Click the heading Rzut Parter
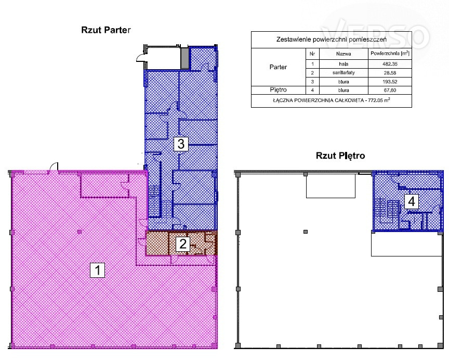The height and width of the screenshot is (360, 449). click(x=106, y=30)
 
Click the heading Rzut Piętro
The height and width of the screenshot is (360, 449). click(x=340, y=156)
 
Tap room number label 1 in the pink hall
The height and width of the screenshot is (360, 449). click(x=97, y=271)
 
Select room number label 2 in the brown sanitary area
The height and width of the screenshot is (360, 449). click(x=183, y=244)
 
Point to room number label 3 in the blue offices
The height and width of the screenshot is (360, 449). click(x=181, y=144)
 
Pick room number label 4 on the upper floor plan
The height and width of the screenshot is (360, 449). click(x=412, y=201)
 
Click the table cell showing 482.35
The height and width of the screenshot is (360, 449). click(x=390, y=64)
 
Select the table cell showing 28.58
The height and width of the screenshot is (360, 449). click(x=390, y=73)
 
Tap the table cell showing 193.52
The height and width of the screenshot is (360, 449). click(x=390, y=82)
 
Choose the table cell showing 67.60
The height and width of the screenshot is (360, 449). click(x=390, y=91)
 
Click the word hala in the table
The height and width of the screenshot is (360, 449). click(x=344, y=64)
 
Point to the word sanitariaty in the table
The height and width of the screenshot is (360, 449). click(x=344, y=73)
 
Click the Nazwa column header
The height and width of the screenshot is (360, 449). click(x=344, y=54)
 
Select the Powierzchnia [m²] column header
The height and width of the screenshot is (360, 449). click(x=390, y=54)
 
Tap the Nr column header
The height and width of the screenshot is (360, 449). click(x=312, y=54)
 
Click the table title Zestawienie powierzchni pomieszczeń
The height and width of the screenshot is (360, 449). click(x=332, y=40)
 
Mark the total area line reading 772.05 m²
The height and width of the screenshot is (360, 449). click(x=332, y=100)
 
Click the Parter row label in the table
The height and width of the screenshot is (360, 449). click(x=278, y=67)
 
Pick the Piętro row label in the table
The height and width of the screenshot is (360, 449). click(x=278, y=90)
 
